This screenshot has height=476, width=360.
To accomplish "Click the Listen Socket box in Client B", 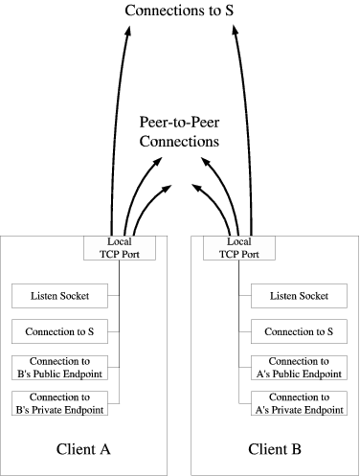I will tap(298, 296).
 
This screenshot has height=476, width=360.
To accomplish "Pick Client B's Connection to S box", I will tap(298, 331).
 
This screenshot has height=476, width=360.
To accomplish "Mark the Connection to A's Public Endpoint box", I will tap(298, 368).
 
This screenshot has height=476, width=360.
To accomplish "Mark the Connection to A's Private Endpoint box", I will tap(298, 403).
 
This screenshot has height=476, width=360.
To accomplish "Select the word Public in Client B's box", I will tap(298, 374).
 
